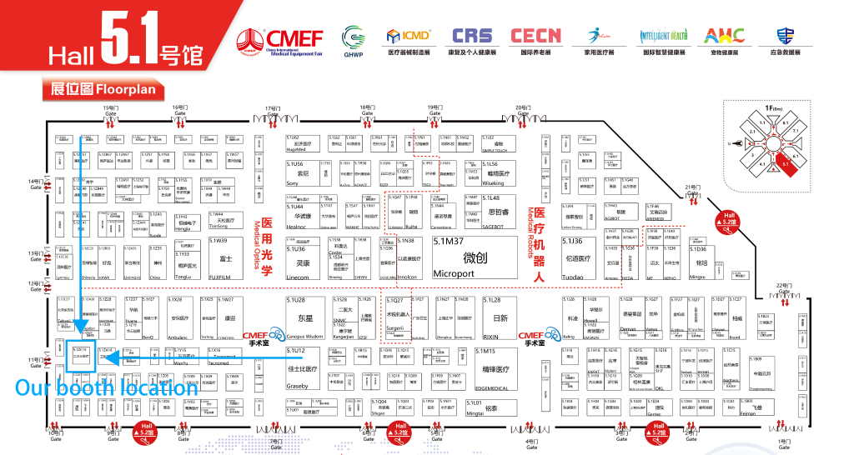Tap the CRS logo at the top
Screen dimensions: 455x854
472,36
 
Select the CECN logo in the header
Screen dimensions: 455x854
536,36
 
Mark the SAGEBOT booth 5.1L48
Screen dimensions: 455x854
501,207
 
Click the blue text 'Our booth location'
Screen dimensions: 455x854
107,387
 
